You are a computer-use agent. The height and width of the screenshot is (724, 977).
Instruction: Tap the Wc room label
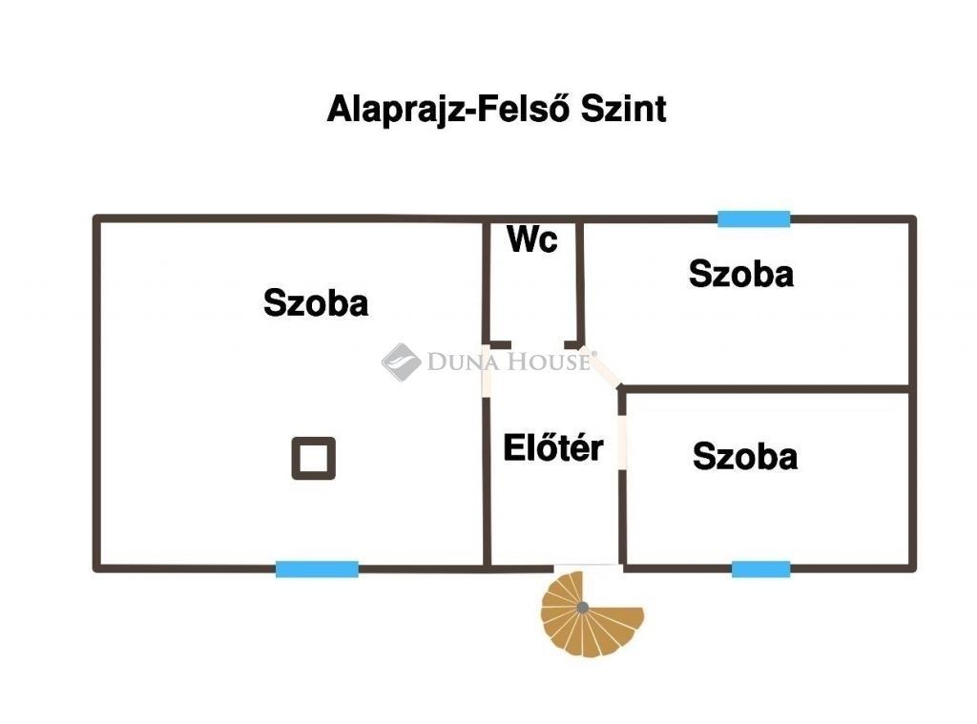click(532, 239)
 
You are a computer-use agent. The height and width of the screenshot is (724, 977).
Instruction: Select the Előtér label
click(553, 447)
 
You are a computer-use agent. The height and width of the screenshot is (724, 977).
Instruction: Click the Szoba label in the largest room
click(316, 303)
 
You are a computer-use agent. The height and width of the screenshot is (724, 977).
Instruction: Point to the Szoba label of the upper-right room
click(741, 275)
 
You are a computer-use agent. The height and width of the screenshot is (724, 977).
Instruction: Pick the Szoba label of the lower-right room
click(745, 456)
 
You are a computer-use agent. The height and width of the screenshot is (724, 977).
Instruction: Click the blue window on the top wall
click(754, 219)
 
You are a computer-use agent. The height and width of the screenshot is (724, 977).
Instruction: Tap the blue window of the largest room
click(317, 569)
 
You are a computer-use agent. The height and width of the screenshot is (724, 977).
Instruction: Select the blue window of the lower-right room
click(760, 569)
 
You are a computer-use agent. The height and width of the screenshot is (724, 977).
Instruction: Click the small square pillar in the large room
click(313, 458)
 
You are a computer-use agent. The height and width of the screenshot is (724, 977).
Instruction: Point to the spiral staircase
click(590, 614)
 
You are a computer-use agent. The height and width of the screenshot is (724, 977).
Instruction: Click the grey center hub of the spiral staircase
click(582, 607)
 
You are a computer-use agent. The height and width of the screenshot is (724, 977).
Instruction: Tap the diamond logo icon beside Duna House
click(401, 362)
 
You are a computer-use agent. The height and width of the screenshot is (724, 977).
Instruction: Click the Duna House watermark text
click(511, 362)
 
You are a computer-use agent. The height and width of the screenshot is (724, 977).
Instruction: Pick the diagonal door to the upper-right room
click(603, 366)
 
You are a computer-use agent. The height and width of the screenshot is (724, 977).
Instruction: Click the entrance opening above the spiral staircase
click(587, 568)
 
